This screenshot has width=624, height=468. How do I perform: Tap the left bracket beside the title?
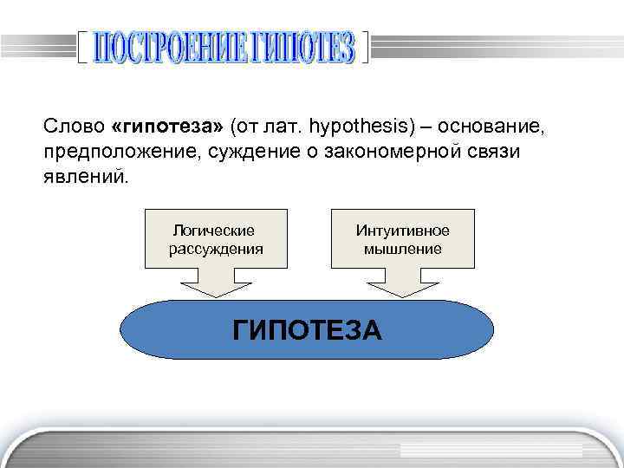[81, 49]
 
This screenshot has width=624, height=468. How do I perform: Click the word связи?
[517, 153]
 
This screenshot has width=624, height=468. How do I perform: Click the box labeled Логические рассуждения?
[215, 238]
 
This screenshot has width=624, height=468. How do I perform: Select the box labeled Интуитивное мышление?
[402, 238]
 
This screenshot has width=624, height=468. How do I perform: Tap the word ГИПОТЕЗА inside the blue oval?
[307, 331]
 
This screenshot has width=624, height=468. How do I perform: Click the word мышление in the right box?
[402, 250]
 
